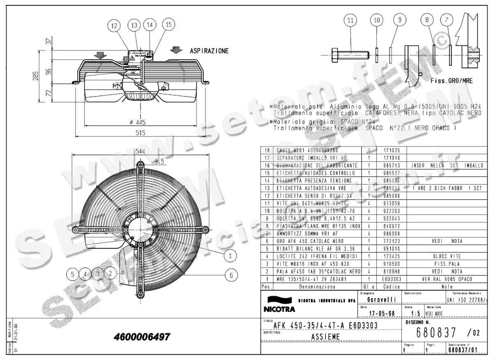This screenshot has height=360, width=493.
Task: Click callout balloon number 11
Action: click(x=350, y=20)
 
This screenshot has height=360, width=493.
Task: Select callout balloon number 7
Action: click(x=447, y=20)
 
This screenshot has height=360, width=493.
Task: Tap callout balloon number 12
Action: click(x=115, y=25)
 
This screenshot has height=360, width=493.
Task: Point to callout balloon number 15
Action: click(x=168, y=25)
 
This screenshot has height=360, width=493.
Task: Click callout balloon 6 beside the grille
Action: click(x=231, y=275)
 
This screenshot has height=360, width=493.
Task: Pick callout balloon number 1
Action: click(x=231, y=256)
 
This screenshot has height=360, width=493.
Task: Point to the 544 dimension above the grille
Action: click(x=141, y=151)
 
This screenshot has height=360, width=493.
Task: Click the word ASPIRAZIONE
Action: click(x=209, y=51)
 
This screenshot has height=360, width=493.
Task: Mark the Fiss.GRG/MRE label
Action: click(x=452, y=81)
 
